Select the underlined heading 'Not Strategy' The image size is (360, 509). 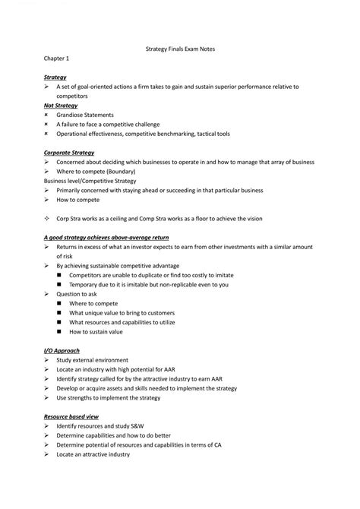(61, 106)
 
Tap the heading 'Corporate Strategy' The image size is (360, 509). (69, 153)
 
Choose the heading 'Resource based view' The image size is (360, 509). (71, 416)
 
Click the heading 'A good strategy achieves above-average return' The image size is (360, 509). (106, 237)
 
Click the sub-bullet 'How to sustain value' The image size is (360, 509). (96, 331)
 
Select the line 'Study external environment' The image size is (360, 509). (93, 360)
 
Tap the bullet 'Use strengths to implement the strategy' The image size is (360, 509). (109, 397)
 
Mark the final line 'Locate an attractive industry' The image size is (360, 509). (93, 454)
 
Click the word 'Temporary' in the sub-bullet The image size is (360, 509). (83, 284)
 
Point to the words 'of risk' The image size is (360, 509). (66, 257)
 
